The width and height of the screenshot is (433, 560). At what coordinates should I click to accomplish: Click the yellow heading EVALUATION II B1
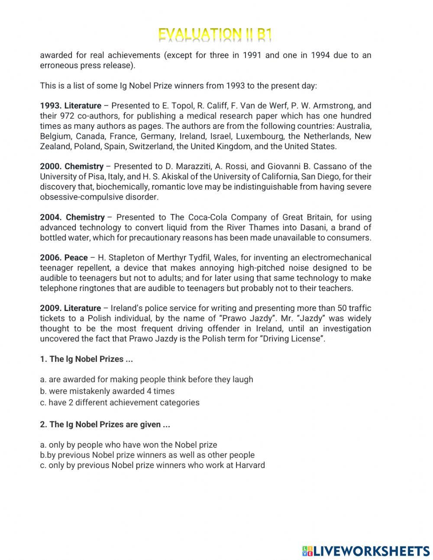pyautogui.click(x=215, y=35)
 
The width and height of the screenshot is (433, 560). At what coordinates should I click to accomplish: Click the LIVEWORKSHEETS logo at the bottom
pyautogui.click(x=366, y=551)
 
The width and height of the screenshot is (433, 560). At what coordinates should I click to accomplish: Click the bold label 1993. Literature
pyautogui.click(x=71, y=106)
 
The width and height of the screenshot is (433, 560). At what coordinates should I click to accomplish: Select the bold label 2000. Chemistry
pyautogui.click(x=72, y=167)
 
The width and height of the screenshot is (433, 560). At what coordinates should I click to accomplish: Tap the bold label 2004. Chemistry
pyautogui.click(x=72, y=217)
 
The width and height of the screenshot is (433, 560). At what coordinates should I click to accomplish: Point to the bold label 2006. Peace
pyautogui.click(x=64, y=258)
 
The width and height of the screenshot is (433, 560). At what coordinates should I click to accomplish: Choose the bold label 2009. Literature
pyautogui.click(x=70, y=308)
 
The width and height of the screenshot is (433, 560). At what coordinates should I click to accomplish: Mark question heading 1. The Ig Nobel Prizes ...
pyautogui.click(x=86, y=359)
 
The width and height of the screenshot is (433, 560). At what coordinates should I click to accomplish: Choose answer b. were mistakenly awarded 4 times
pyautogui.click(x=107, y=391)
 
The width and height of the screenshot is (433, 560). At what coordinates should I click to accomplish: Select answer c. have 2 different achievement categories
pyautogui.click(x=120, y=403)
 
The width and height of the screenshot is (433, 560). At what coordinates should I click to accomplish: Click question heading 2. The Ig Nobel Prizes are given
pyautogui.click(x=105, y=425)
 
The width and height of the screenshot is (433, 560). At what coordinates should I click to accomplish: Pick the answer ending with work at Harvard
pyautogui.click(x=152, y=465)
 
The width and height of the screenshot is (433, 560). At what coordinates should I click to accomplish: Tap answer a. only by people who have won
pyautogui.click(x=128, y=445)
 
